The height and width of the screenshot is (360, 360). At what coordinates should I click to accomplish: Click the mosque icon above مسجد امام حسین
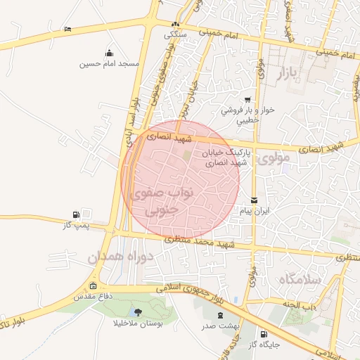click(109, 53)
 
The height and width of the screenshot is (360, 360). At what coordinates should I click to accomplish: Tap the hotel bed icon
click(67, 29)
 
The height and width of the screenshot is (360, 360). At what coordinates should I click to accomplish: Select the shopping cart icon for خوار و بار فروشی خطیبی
click(247, 100)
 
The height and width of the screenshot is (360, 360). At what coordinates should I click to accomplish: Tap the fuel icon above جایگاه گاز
click(264, 334)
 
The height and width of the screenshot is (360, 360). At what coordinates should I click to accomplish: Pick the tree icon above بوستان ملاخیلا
click(137, 312)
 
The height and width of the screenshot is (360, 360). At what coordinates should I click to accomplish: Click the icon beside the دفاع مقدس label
click(94, 285)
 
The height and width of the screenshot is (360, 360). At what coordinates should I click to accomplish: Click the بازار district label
click(298, 72)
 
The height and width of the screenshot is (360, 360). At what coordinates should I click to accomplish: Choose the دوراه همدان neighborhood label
click(120, 258)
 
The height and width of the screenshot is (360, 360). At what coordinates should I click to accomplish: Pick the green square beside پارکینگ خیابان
click(187, 154)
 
